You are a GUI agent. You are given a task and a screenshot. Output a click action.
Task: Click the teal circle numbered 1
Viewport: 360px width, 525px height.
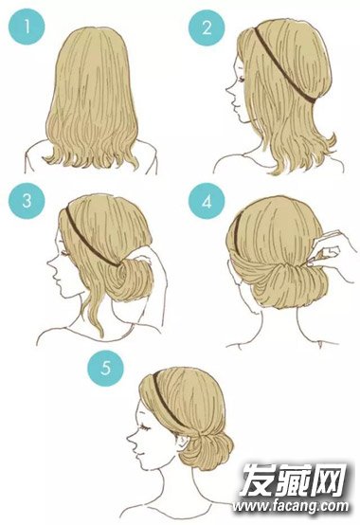point(27,27)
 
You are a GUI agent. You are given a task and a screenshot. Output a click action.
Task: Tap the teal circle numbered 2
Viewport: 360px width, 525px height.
point(207,27)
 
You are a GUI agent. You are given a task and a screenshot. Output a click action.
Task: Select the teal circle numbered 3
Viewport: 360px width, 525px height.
point(27,201)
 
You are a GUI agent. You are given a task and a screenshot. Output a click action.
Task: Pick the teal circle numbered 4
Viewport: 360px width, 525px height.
point(207,201)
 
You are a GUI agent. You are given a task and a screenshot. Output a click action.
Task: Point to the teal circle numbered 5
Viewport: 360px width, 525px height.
point(106,369)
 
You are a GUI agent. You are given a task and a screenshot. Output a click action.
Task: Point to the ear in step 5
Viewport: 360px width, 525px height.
point(183,443)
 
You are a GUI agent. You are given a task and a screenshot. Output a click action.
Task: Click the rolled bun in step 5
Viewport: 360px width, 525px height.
point(207,450)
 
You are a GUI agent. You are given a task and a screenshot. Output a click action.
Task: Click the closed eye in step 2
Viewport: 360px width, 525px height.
point(243,80)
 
